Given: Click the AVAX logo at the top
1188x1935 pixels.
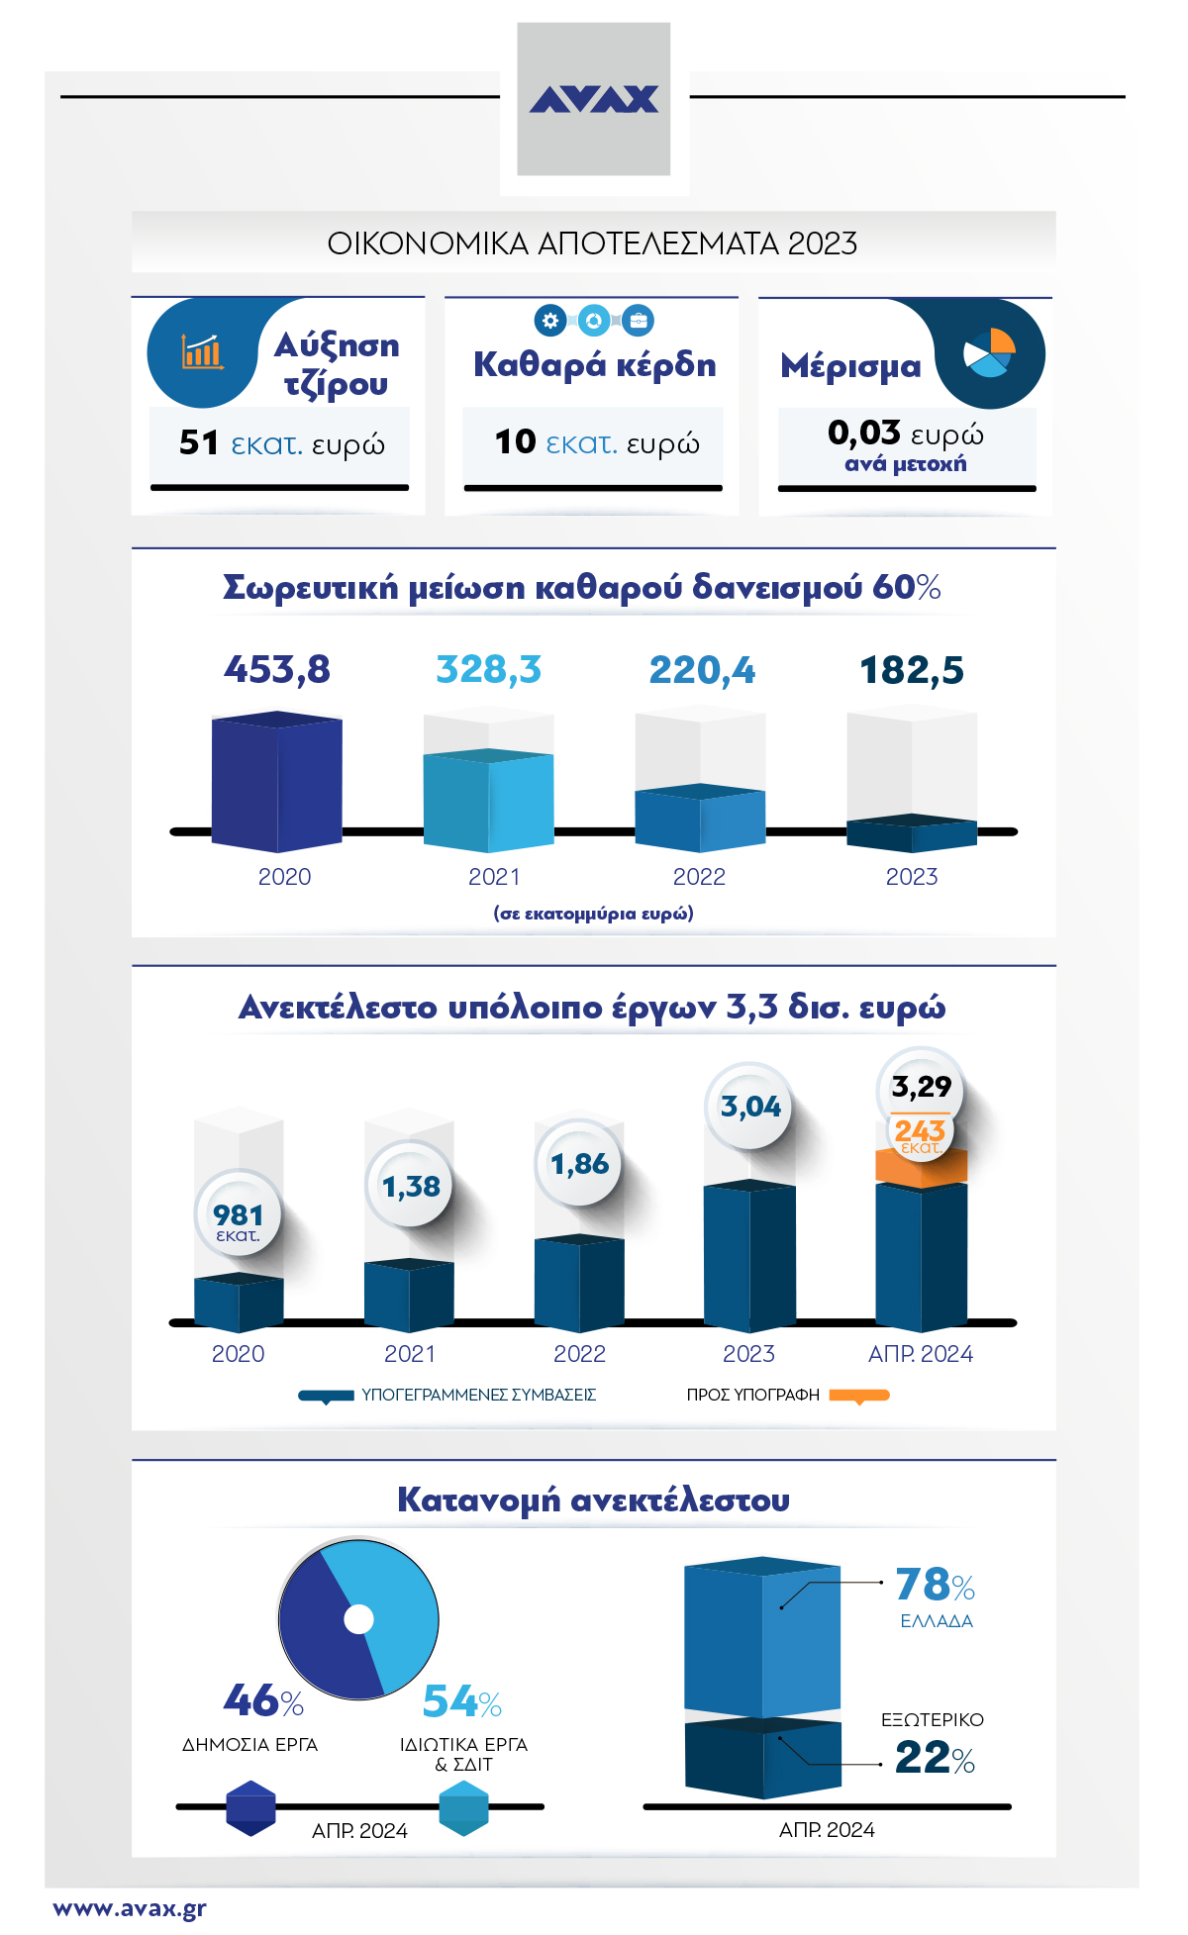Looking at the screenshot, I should [594, 99].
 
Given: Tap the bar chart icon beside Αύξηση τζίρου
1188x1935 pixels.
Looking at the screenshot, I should [202, 351].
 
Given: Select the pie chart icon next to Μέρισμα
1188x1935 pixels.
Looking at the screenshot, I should [990, 352].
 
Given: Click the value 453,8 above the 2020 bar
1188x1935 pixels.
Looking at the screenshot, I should [277, 670].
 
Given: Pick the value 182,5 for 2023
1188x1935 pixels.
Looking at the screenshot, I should [912, 670].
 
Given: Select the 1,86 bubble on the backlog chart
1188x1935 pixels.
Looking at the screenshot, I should [580, 1164].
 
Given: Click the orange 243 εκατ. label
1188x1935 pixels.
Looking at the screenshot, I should [920, 1134].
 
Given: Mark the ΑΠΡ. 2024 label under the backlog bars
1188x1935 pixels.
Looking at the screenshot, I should [920, 1354].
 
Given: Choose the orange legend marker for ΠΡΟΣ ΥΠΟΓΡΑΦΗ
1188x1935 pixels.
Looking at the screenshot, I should [858, 1396].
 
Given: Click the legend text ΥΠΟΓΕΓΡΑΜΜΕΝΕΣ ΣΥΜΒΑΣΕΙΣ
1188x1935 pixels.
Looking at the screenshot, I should [478, 1395].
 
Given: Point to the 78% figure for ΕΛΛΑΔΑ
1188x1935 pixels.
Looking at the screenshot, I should [925, 1585].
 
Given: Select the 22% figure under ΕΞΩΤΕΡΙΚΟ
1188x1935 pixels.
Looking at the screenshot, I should [925, 1758].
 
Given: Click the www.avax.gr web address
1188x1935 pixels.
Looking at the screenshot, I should [130, 1908].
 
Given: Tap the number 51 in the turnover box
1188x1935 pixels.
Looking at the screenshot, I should [199, 442].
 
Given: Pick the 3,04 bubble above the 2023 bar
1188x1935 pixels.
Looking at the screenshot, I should [750, 1107].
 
